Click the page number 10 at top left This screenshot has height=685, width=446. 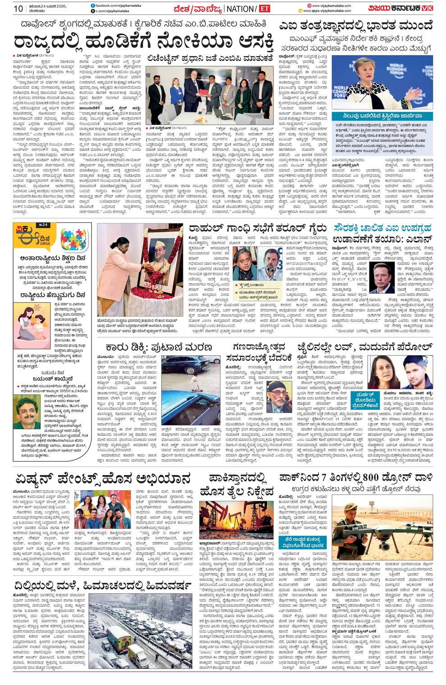[18, 9]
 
